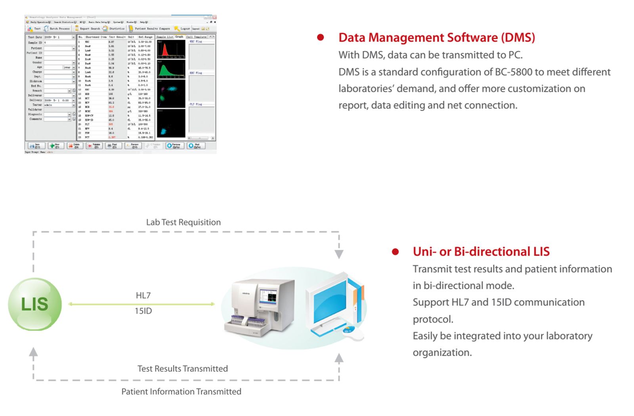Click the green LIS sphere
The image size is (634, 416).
pyautogui.click(x=35, y=304)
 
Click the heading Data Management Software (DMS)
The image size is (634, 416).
pyautogui.click(x=436, y=38)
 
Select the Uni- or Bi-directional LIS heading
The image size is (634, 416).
pyautogui.click(x=481, y=252)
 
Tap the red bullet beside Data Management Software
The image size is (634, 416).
pyautogui.click(x=321, y=38)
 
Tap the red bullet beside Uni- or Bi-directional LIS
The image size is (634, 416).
pyautogui.click(x=395, y=252)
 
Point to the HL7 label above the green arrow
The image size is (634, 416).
pyautogui.click(x=143, y=295)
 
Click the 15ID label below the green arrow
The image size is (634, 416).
pyautogui.click(x=143, y=311)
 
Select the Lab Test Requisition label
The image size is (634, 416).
pyautogui.click(x=183, y=222)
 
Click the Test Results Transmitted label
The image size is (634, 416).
pyautogui.click(x=182, y=369)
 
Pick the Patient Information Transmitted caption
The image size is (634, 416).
pyautogui.click(x=181, y=392)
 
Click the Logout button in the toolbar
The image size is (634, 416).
pyautogui.click(x=183, y=29)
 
